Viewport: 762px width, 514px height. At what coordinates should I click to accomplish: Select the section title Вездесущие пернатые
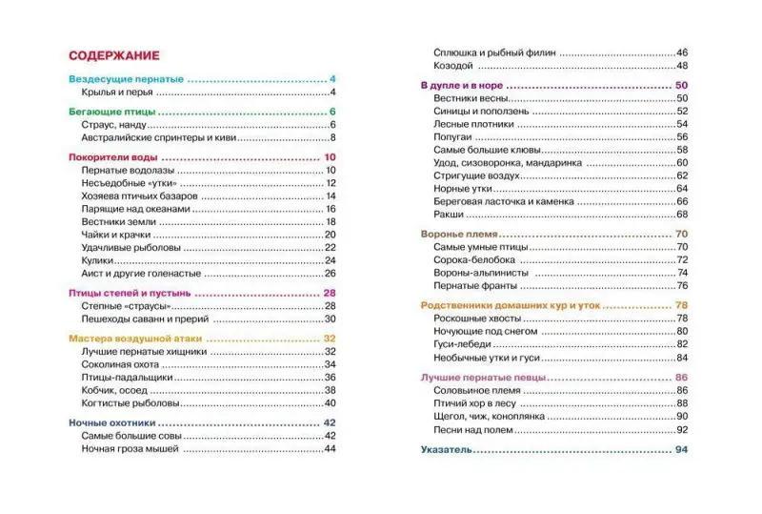tap(126, 78)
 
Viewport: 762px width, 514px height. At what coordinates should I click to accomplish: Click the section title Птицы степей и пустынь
tap(130, 293)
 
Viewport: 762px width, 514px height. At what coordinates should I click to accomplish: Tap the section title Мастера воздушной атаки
tap(134, 339)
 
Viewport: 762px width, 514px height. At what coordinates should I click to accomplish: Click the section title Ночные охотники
tap(112, 422)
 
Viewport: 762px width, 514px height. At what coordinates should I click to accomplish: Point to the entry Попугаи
tap(453, 136)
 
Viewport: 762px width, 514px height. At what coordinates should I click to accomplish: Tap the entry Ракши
tap(448, 214)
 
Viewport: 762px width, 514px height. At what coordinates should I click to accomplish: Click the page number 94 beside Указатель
tap(681, 449)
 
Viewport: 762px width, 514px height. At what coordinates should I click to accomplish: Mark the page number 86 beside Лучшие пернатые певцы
tap(681, 378)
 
